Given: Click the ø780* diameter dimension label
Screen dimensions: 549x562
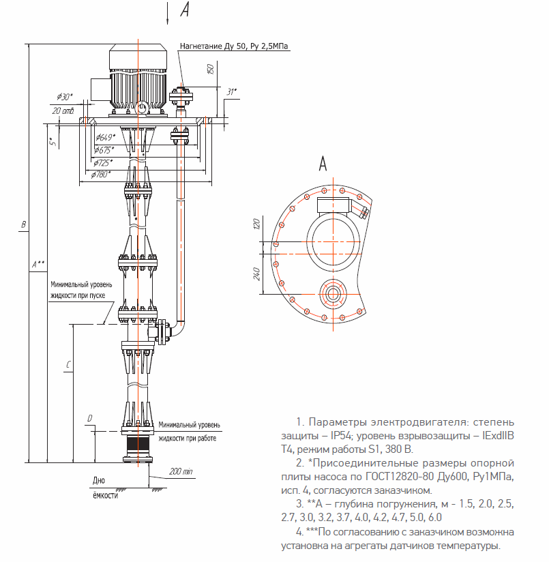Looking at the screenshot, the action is [100, 175].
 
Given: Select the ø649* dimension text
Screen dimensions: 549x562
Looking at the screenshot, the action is [105, 137].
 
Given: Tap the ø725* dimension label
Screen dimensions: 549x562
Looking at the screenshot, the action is [103, 163].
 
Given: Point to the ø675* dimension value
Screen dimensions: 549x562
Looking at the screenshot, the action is [104, 150].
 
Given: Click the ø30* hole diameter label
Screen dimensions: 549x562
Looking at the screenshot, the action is [65, 97].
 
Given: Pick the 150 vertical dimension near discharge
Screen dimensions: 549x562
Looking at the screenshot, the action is [211, 69].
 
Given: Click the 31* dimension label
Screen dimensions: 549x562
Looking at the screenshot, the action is [231, 92].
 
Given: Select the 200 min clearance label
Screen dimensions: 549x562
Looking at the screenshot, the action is [181, 471].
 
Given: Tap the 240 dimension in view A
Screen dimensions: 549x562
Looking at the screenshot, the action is [256, 273].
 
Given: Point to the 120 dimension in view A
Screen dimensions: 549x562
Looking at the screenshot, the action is [256, 224].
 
